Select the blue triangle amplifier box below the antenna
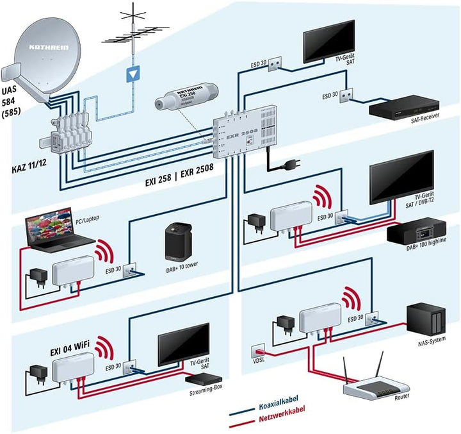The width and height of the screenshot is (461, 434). [x=133, y=73]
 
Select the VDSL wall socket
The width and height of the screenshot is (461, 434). [x=259, y=350]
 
